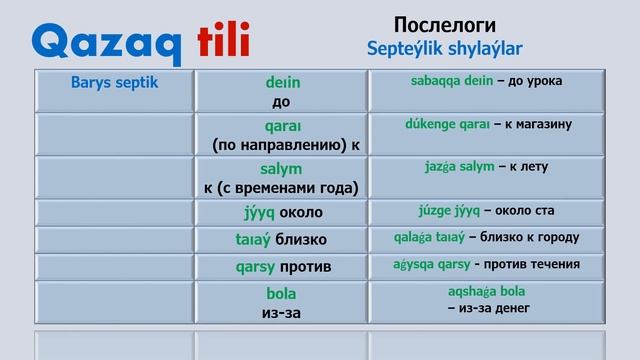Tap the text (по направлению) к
(x=286, y=144)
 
